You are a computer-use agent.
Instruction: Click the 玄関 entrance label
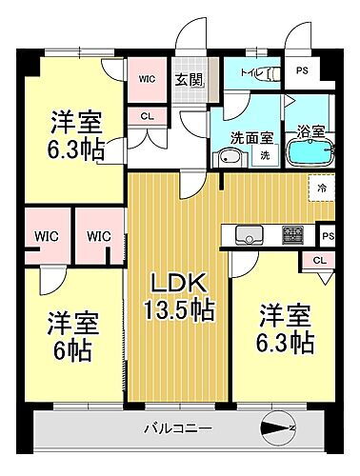186,79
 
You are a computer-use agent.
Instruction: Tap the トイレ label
250,71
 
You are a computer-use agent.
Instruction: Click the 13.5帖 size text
178,309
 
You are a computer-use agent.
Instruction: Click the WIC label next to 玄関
147,79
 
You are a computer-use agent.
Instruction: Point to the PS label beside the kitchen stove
329,236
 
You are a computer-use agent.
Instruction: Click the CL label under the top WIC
147,116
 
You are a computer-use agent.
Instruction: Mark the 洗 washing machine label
266,155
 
